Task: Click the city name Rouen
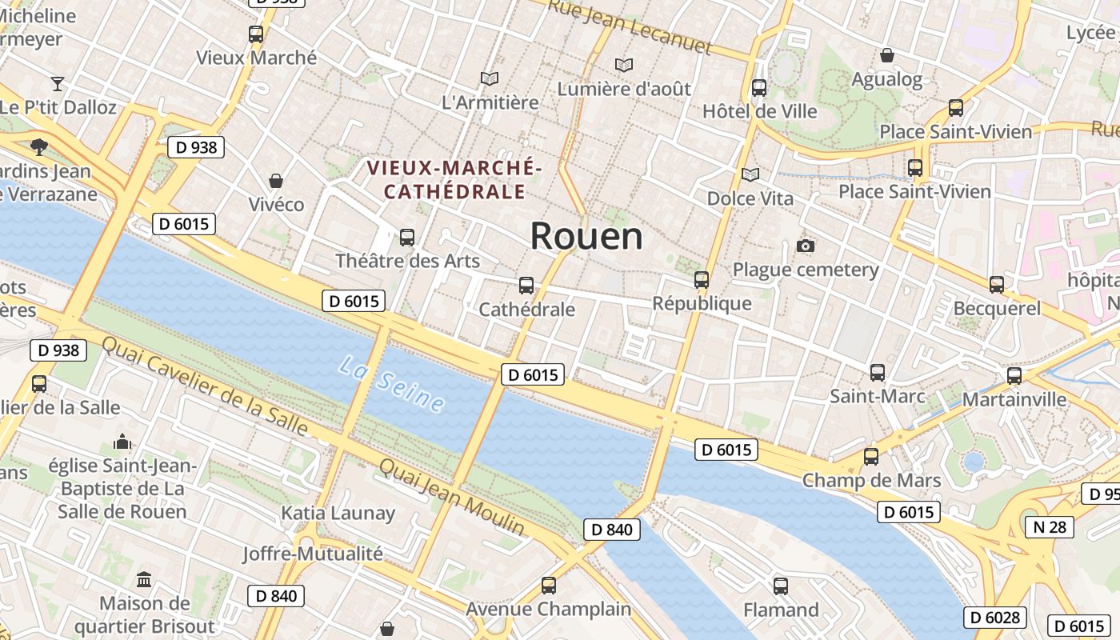pos(586,236)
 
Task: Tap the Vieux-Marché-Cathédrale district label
pos(454,180)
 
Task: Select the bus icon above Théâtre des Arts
pos(407,238)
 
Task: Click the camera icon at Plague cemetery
pos(806,246)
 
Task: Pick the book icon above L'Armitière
pos(490,78)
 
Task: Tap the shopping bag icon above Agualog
pos(886,55)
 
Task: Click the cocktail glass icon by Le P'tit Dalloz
pos(57,83)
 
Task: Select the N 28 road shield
pos(1049,526)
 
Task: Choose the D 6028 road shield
pos(994,618)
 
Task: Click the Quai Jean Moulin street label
pos(452,497)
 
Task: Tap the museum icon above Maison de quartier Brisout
pos(144,579)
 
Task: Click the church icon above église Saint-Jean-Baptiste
pos(122,442)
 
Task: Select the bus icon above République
pos(702,279)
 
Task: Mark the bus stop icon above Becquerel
pos(997,284)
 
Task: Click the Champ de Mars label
pos(871,481)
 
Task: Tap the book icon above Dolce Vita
pos(750,174)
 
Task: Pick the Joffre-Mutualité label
pos(313,553)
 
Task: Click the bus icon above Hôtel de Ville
pos(759,87)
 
